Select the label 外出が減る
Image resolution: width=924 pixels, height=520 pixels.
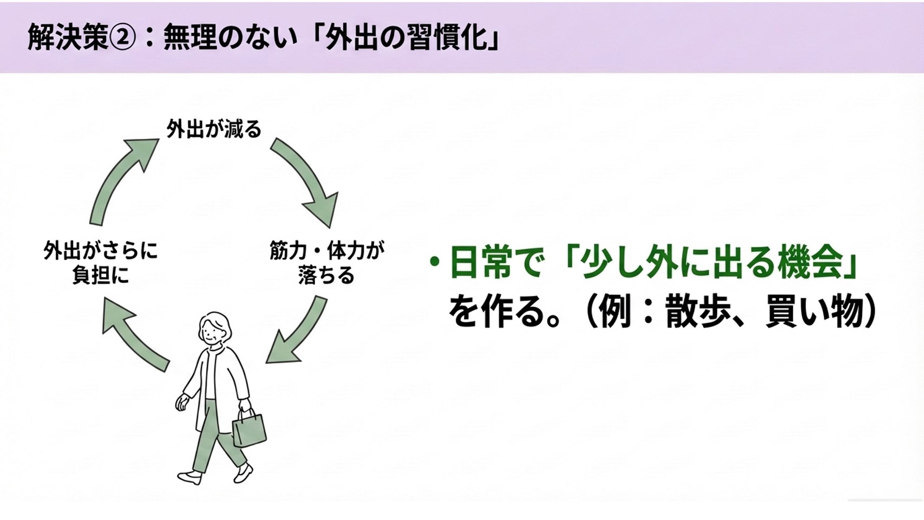[214, 129]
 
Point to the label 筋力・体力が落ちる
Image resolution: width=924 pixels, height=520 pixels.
[326, 263]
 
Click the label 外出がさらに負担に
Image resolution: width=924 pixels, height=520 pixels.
[101, 263]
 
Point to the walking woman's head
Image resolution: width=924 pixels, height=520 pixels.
[215, 328]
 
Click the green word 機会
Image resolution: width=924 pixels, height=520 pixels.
[811, 263]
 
